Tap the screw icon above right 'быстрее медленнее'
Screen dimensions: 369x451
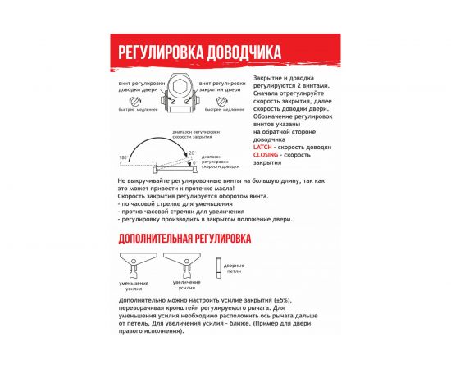coord(222,100)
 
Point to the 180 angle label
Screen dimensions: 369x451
coord(123,156)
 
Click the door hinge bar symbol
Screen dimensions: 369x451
coord(218,268)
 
